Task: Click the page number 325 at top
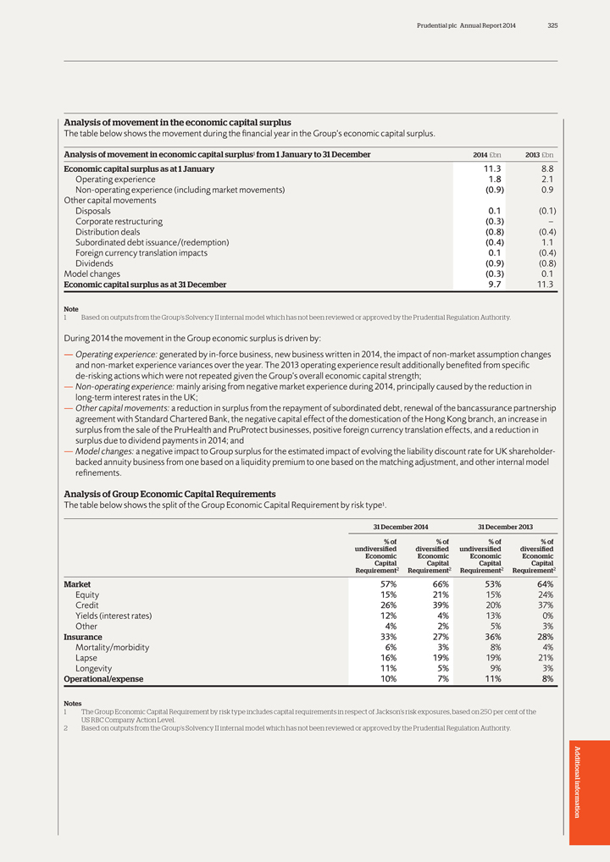click(552, 25)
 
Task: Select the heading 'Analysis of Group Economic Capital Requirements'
click(169, 494)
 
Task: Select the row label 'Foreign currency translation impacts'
click(141, 252)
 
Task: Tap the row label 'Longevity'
click(94, 668)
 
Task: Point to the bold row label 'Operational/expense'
click(103, 679)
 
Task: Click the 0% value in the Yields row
click(546, 616)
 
